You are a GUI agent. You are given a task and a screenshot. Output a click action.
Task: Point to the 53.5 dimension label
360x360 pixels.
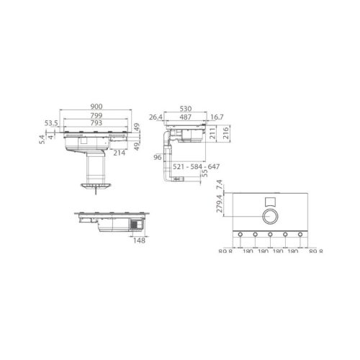coord(50,123)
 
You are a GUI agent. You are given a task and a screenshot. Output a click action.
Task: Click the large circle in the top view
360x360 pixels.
coord(269,215)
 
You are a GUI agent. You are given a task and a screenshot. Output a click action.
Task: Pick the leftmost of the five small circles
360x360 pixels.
coord(238,235)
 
